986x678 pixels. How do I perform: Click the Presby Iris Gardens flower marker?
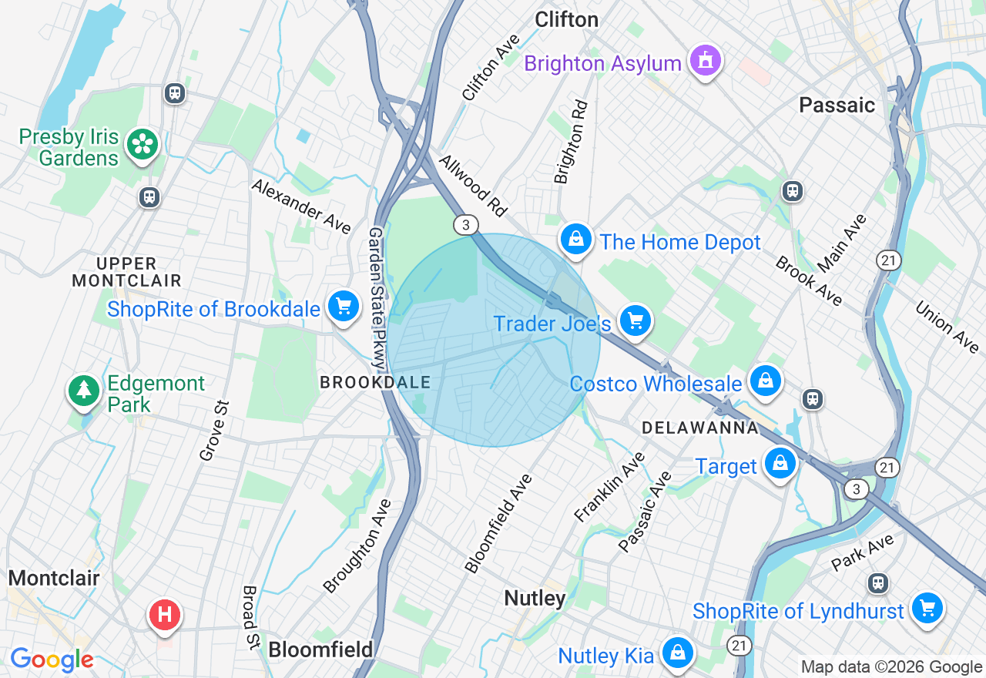[x=143, y=144]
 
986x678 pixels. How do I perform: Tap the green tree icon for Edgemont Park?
[x=83, y=390]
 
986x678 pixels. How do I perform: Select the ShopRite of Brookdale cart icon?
[x=344, y=307]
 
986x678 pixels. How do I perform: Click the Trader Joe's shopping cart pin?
[x=636, y=320]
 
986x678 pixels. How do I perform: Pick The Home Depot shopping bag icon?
[x=575, y=240]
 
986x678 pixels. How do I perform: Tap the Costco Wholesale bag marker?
[x=766, y=381]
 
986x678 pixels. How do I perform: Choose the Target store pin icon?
[x=780, y=464]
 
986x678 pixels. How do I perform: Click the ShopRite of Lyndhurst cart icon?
[x=927, y=609]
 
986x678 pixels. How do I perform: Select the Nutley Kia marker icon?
[x=677, y=653]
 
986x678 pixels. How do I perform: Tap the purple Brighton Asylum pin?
[x=705, y=60]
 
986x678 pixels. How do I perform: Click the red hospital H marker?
[x=164, y=615]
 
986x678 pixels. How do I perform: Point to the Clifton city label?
[x=566, y=19]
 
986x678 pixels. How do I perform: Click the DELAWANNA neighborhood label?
[x=700, y=428]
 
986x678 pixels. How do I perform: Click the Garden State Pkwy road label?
[x=377, y=297]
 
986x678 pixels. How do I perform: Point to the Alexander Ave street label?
[x=301, y=206]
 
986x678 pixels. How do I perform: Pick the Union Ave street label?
[x=947, y=327]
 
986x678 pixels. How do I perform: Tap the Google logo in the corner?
[x=52, y=660]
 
